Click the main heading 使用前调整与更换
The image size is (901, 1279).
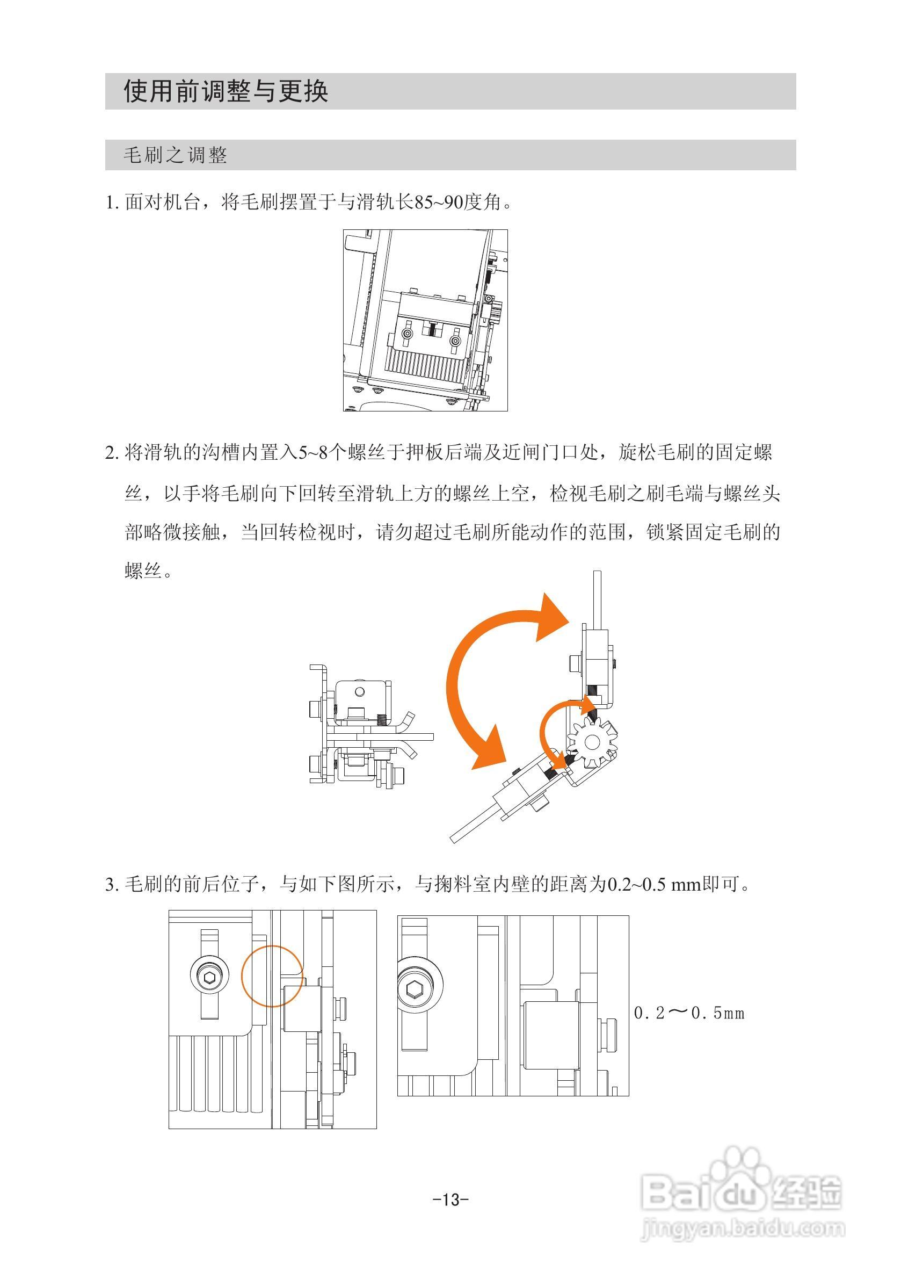(226, 91)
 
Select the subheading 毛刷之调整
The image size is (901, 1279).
(175, 155)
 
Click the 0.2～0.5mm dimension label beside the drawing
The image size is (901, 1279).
(689, 1013)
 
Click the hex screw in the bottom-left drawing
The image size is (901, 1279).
(210, 977)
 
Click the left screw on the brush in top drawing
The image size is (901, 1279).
(408, 334)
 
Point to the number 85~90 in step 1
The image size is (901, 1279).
(439, 202)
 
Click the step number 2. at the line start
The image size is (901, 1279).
(112, 453)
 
